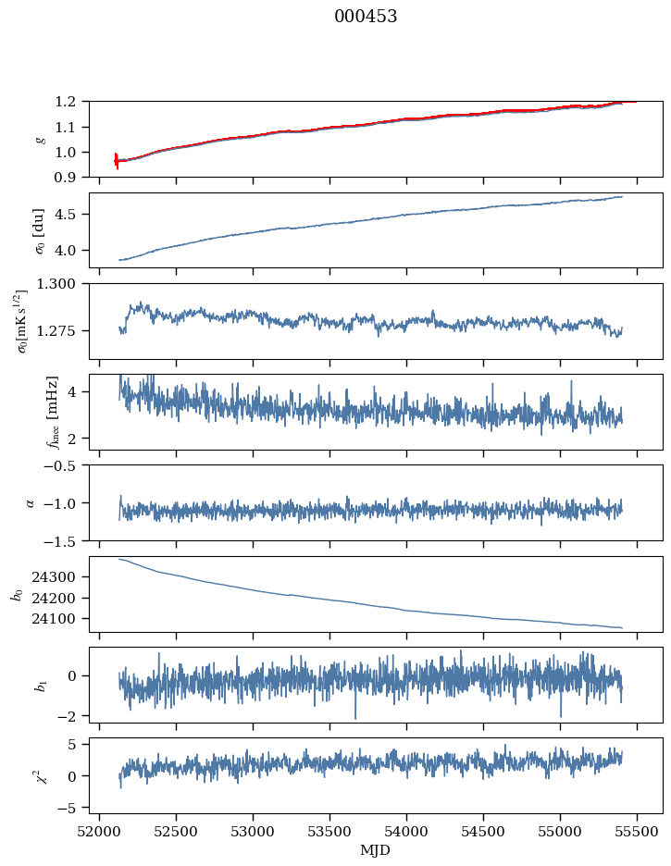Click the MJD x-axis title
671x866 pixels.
[x=376, y=850]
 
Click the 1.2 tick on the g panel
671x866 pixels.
[x=71, y=102]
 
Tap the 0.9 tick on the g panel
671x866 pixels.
[x=71, y=177]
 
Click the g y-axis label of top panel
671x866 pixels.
[x=39, y=139]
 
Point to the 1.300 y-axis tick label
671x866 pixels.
[x=63, y=284]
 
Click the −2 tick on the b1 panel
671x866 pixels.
[x=71, y=716]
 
